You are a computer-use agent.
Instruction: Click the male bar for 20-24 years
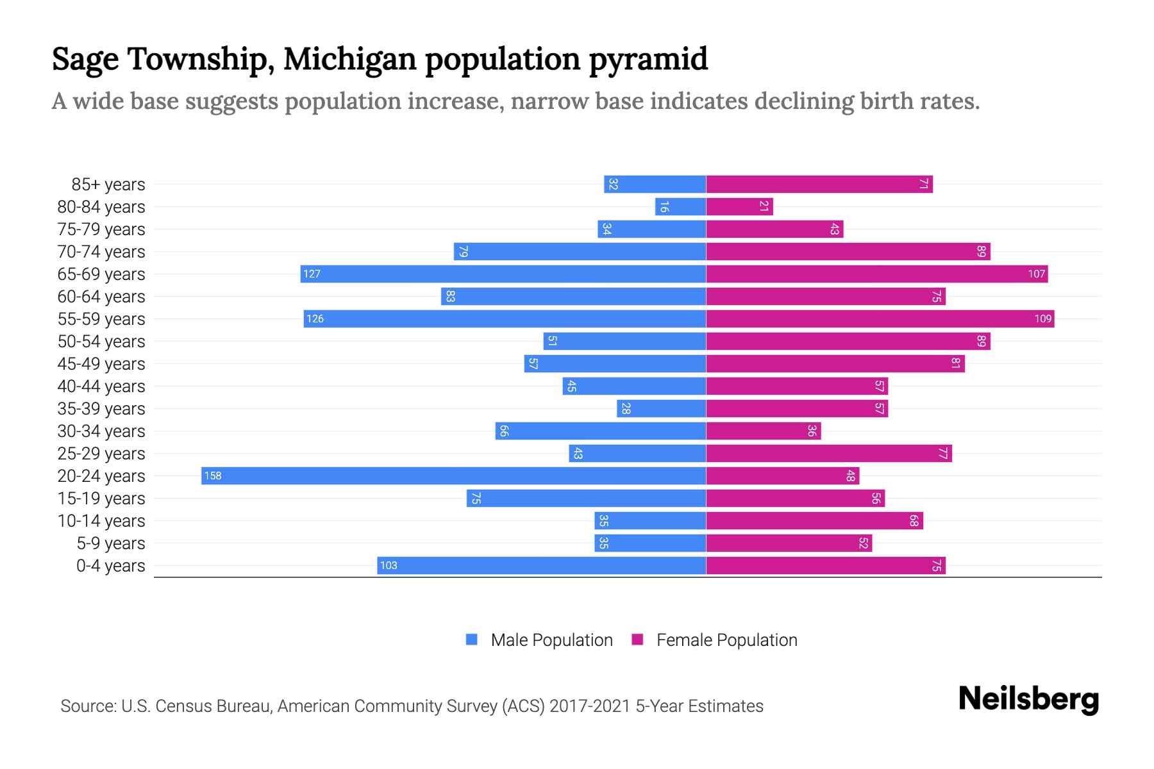click(453, 475)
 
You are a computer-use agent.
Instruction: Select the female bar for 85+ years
click(819, 184)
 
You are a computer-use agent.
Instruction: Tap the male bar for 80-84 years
click(680, 206)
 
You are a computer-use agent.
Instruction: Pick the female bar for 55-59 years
click(880, 318)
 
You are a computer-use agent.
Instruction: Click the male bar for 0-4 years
click(542, 565)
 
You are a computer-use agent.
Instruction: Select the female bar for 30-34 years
click(763, 431)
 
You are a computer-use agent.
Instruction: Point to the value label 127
click(312, 274)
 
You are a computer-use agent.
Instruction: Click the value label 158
click(213, 475)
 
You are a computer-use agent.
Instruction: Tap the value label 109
click(1042, 318)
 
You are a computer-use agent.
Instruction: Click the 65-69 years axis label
click(101, 274)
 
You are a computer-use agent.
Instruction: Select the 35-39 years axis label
click(101, 409)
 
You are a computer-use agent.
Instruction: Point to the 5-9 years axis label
click(110, 543)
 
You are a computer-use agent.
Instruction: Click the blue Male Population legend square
click(472, 640)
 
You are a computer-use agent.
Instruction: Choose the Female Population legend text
click(726, 640)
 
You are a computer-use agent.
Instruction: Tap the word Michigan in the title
click(351, 59)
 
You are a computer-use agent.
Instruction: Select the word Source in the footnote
click(87, 706)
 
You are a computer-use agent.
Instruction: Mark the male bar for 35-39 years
click(661, 408)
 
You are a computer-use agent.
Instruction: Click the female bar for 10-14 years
click(814, 520)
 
